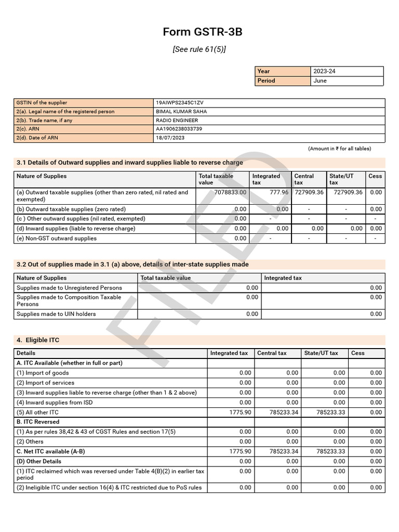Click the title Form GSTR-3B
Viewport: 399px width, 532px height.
202,32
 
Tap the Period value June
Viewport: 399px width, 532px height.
320,81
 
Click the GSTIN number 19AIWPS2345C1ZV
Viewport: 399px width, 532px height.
179,103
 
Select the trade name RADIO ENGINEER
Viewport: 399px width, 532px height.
177,121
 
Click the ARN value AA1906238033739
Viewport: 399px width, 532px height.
179,129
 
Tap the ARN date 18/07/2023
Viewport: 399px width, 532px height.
170,138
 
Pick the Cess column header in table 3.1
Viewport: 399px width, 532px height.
375,176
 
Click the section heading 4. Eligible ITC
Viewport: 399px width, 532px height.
38,340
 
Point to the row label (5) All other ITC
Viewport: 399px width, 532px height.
38,412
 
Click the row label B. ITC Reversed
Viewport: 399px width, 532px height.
38,422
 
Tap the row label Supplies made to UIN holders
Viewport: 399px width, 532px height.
56,314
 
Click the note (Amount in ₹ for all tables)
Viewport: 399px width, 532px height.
339,149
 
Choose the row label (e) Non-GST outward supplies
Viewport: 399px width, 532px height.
57,238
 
